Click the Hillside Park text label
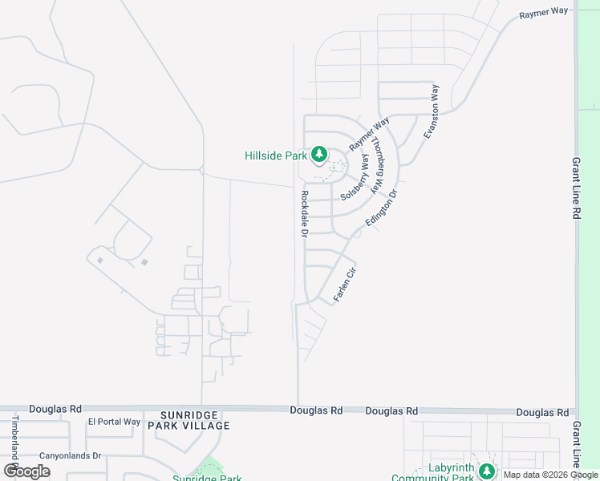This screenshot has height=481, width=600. (x=275, y=156)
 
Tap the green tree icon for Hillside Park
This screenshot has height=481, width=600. (x=318, y=154)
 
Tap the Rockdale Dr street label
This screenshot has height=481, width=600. (x=304, y=214)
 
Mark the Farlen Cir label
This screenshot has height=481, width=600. (x=344, y=283)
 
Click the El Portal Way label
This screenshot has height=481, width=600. (x=114, y=422)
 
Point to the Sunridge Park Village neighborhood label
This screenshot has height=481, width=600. (x=189, y=420)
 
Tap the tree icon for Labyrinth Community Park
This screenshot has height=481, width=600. (x=486, y=471)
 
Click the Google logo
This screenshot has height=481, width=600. (x=26, y=471)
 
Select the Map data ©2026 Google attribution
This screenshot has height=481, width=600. (x=550, y=475)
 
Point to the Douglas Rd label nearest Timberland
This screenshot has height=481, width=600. (x=55, y=408)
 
